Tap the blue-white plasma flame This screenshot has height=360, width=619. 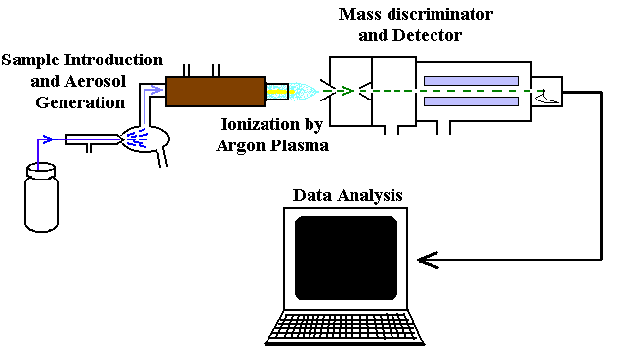(304, 91)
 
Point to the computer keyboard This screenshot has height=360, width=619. (345, 328)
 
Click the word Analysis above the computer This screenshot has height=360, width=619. (368, 196)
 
